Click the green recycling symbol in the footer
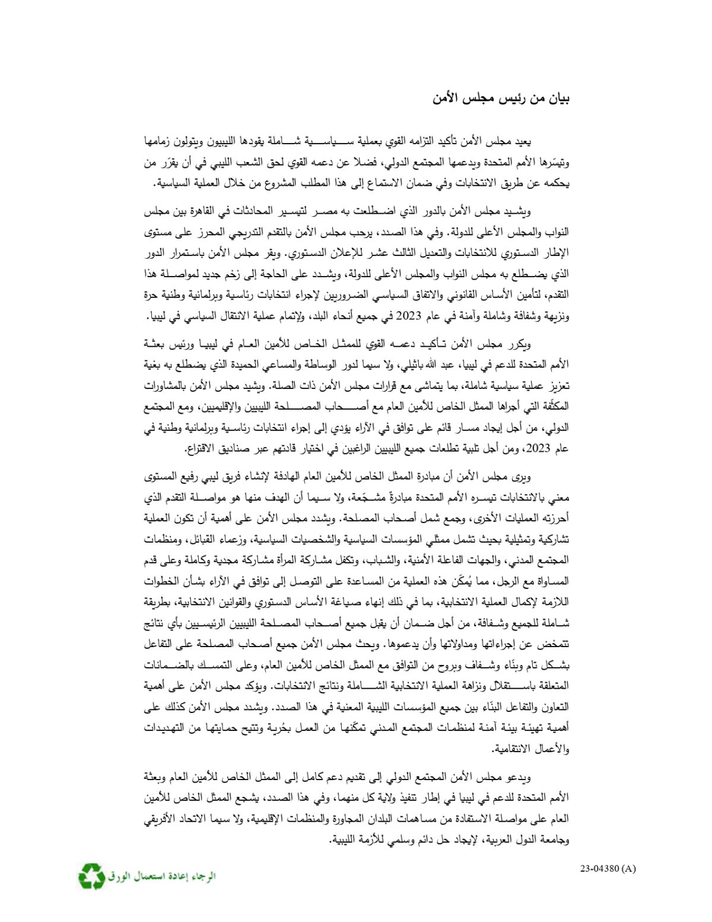coord(91,876)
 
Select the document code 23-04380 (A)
coord(608,869)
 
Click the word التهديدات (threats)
coord(166,728)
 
